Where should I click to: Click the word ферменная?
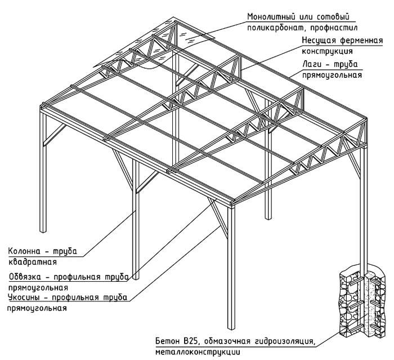tap(352, 42)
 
